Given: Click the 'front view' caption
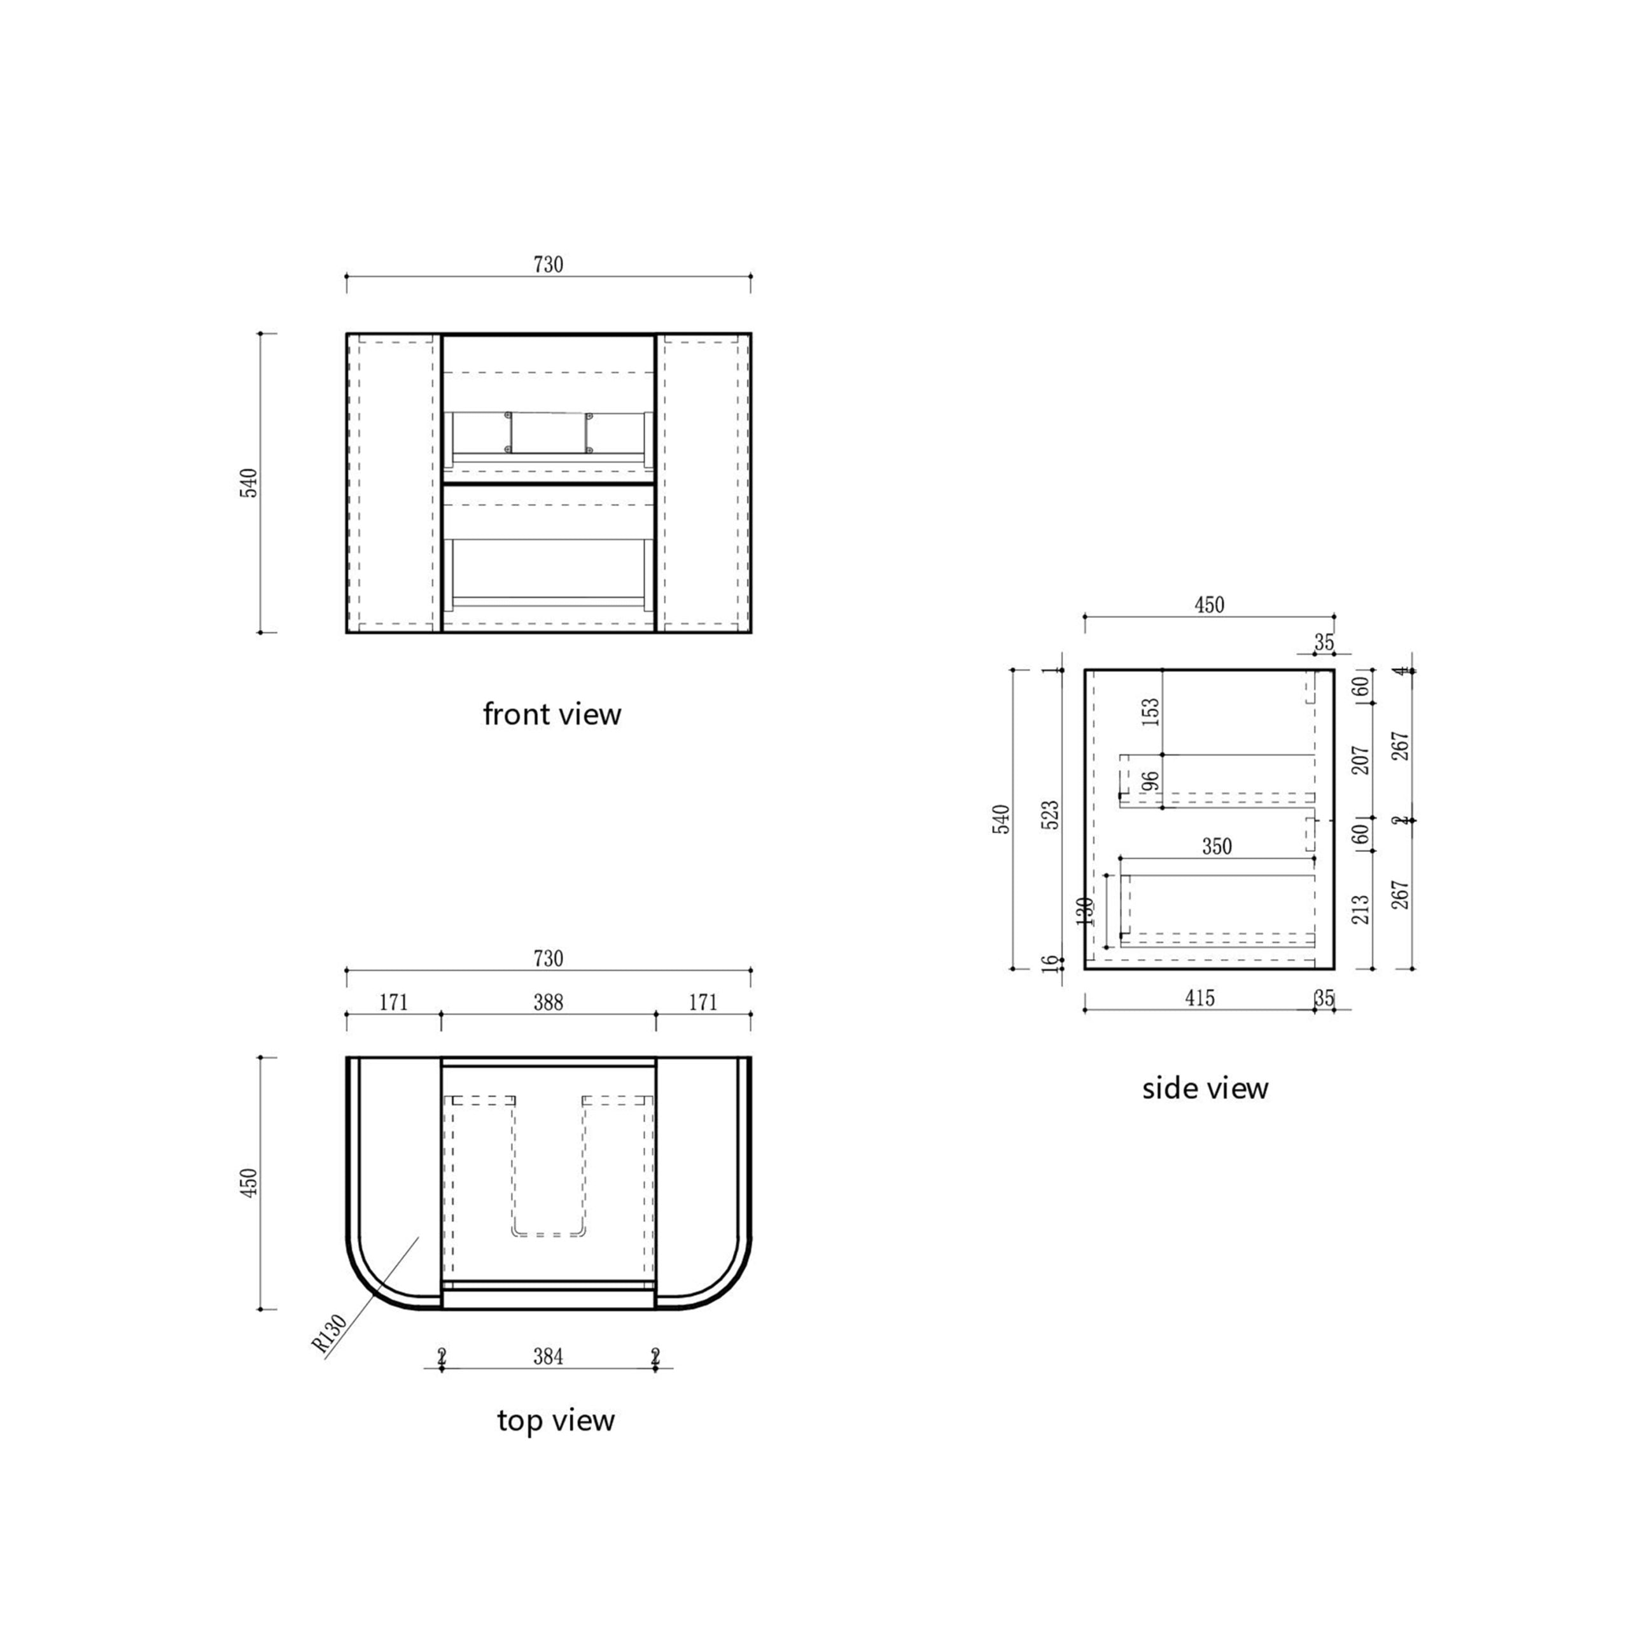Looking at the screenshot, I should [x=552, y=714].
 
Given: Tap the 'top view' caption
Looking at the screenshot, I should [x=556, y=1420].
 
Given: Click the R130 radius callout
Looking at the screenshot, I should [x=330, y=1333].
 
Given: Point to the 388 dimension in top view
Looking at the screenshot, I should [x=548, y=1002].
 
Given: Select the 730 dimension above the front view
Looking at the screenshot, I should [x=548, y=265].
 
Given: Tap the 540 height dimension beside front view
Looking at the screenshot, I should [x=249, y=482].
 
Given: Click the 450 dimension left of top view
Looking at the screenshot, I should [x=249, y=1183].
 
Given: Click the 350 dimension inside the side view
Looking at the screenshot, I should [x=1217, y=846].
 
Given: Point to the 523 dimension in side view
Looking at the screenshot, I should [x=1051, y=815].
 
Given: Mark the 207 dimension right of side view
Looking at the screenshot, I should [x=1360, y=760].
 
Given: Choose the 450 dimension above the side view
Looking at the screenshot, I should [x=1209, y=605].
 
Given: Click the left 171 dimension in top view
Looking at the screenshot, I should [x=393, y=1002].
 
